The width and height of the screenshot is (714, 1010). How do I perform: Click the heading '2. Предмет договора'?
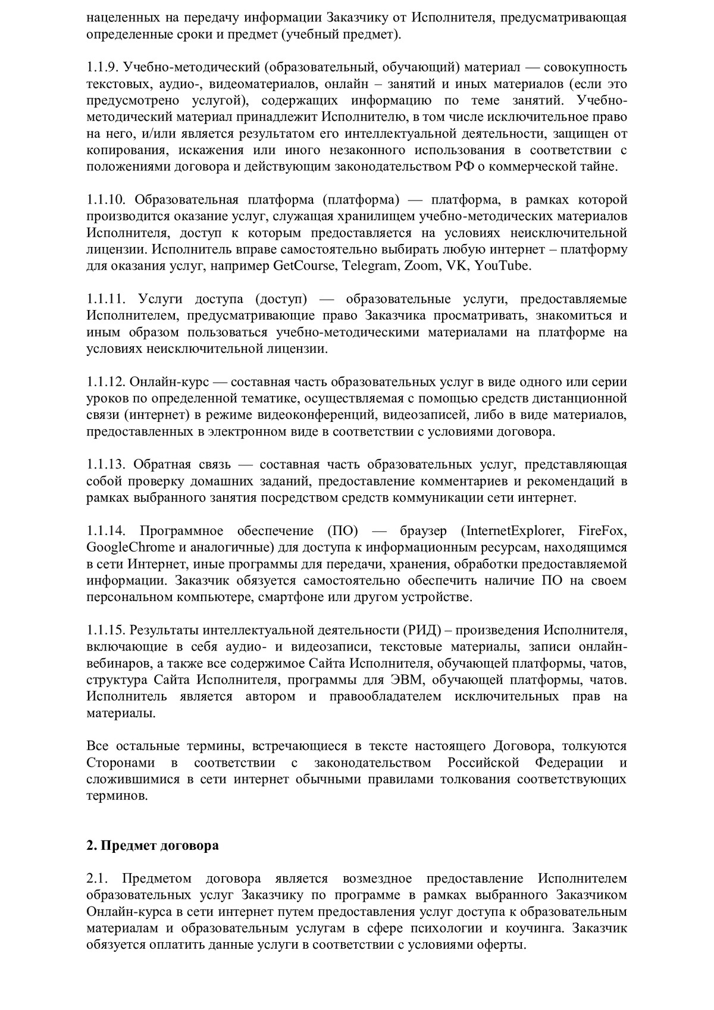click(x=152, y=845)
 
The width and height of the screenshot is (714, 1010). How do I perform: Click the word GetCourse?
click(x=303, y=266)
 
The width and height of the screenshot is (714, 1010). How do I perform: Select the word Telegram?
click(x=368, y=266)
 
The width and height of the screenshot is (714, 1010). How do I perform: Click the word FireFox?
click(x=603, y=530)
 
